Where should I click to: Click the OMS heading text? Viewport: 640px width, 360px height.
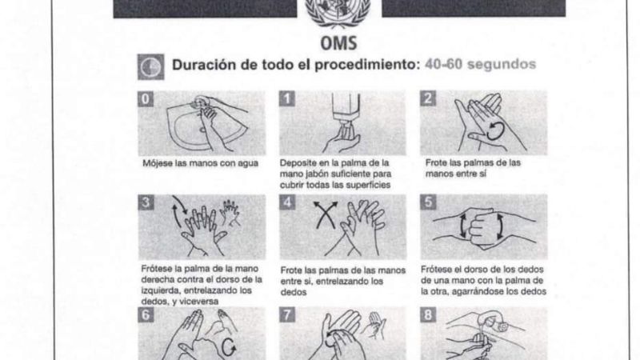click(x=339, y=40)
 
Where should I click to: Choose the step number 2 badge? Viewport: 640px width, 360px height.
click(x=430, y=100)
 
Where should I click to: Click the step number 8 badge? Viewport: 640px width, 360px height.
click(x=430, y=317)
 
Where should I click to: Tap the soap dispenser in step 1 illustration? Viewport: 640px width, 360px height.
click(x=346, y=112)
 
